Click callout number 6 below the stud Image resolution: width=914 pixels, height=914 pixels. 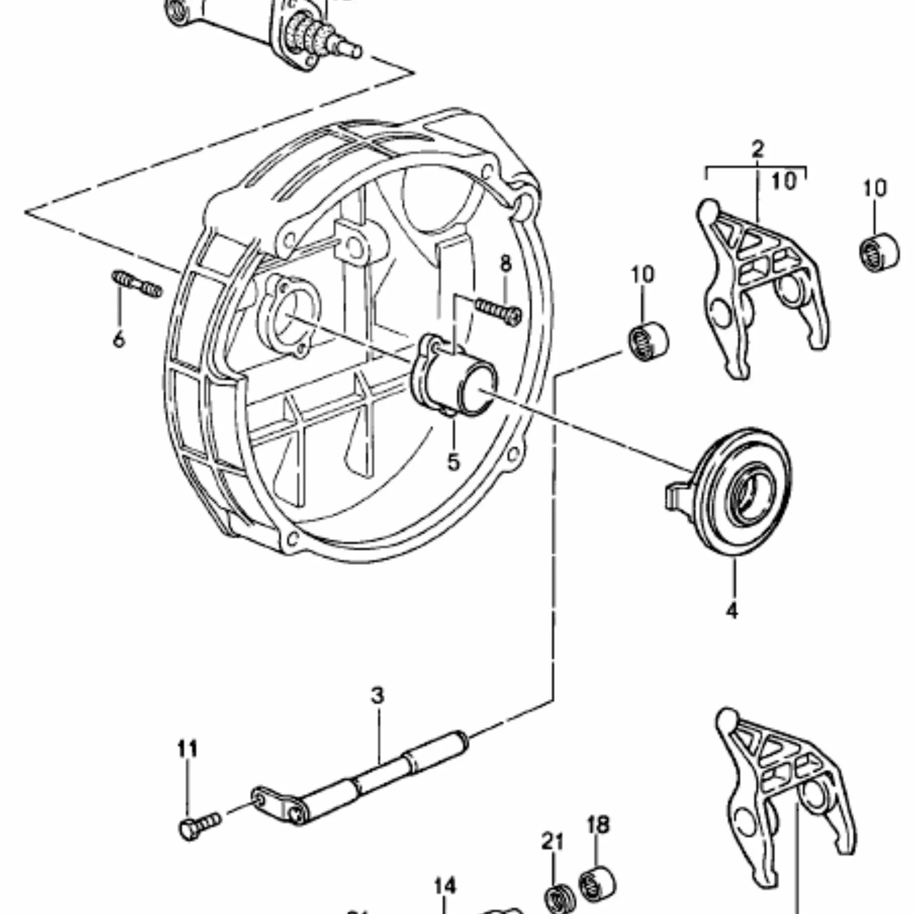click(119, 340)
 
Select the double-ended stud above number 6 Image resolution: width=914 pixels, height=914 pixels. click(137, 284)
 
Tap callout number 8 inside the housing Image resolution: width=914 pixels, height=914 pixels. click(506, 263)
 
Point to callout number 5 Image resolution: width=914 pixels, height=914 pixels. click(453, 462)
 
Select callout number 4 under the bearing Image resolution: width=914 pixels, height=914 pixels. click(731, 612)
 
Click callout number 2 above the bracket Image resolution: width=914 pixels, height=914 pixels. click(757, 150)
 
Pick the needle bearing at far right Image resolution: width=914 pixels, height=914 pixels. click(878, 253)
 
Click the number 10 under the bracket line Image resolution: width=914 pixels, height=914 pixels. click(783, 182)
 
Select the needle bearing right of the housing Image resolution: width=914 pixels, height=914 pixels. click(648, 341)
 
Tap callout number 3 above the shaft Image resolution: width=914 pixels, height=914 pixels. click(377, 696)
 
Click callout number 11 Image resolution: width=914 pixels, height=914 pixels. click(187, 749)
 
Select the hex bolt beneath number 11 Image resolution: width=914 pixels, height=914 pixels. click(199, 826)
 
